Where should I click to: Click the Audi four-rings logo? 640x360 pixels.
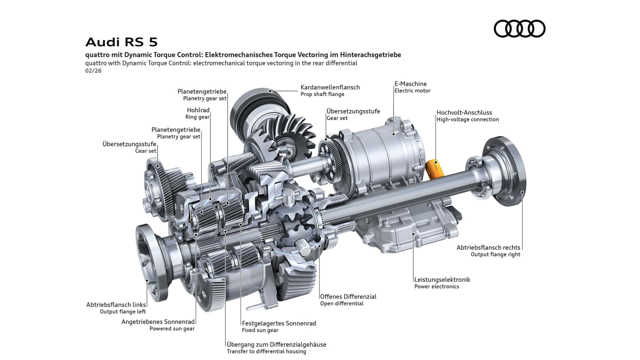click(520, 28)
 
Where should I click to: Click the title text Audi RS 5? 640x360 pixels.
click(122, 42)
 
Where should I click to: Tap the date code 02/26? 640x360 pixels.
click(93, 70)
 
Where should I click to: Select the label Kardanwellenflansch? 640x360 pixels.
click(330, 87)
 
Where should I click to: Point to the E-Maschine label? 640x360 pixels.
click(410, 84)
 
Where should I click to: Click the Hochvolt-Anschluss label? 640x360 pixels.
click(464, 112)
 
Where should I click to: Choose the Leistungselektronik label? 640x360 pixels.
click(442, 280)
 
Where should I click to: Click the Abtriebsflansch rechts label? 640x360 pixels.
click(488, 248)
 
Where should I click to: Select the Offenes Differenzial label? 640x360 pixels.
click(348, 296)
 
